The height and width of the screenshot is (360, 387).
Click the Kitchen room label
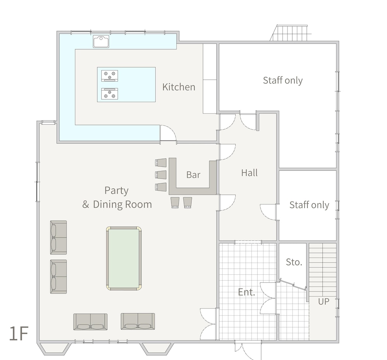click(x=179, y=87)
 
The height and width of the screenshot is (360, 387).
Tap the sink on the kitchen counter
click(x=101, y=41)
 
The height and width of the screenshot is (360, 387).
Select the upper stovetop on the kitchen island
click(x=110, y=75)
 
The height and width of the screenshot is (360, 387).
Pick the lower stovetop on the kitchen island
click(x=110, y=94)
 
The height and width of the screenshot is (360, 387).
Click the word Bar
click(x=193, y=175)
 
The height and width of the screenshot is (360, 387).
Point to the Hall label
click(x=249, y=173)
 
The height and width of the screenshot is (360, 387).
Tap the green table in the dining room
click(x=124, y=258)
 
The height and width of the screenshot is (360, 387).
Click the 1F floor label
click(x=19, y=333)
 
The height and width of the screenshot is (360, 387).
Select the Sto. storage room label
click(x=294, y=262)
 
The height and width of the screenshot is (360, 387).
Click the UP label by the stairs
click(x=324, y=302)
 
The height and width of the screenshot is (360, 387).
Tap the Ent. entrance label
click(x=246, y=292)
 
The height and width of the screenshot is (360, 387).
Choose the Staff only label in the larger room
click(x=283, y=81)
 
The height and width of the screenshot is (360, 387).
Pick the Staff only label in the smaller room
click(x=309, y=205)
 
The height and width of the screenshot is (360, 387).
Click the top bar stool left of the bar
click(x=161, y=163)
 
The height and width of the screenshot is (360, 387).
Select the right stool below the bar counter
click(x=188, y=202)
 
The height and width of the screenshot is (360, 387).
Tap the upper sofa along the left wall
click(x=58, y=237)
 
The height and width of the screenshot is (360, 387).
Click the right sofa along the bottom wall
click(x=138, y=321)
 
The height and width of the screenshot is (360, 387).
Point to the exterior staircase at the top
click(x=289, y=33)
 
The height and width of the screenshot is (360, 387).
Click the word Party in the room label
click(x=116, y=191)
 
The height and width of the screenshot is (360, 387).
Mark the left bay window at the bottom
click(x=54, y=349)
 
